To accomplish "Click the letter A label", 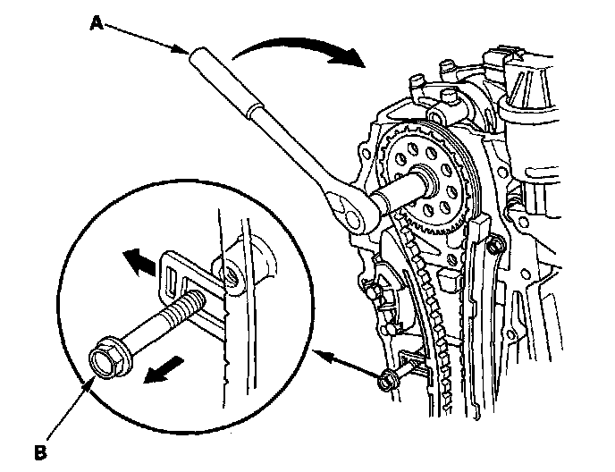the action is tap(96, 25).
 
